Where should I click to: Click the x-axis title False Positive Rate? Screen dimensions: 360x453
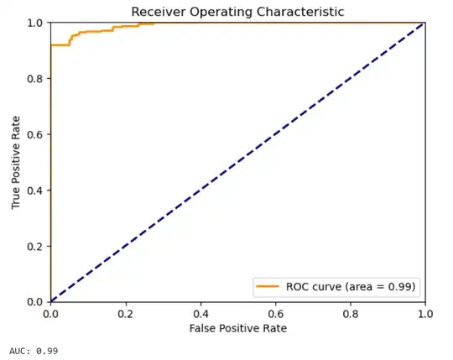click(238, 328)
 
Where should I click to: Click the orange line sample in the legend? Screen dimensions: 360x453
click(268, 286)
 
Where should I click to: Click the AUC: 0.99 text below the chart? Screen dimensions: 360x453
click(33, 350)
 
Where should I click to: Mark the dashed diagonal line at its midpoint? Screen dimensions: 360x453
click(238, 162)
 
